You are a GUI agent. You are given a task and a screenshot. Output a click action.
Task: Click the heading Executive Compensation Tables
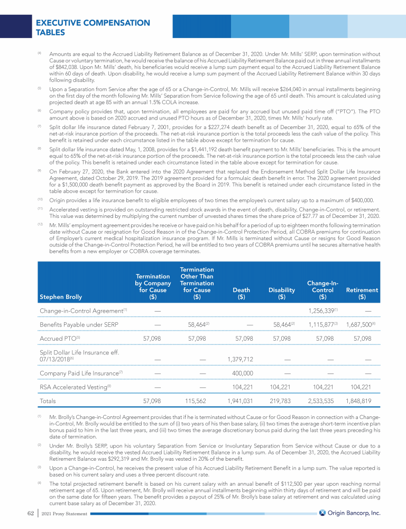coord(93,28)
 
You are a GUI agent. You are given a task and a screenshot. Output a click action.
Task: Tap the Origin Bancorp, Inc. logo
coord(350,513)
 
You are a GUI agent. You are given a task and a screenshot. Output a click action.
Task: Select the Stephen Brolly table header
coord(60,297)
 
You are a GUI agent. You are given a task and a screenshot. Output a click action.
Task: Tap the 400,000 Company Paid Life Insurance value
coord(243,374)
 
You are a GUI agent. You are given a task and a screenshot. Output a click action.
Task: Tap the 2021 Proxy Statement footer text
coord(61,513)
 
